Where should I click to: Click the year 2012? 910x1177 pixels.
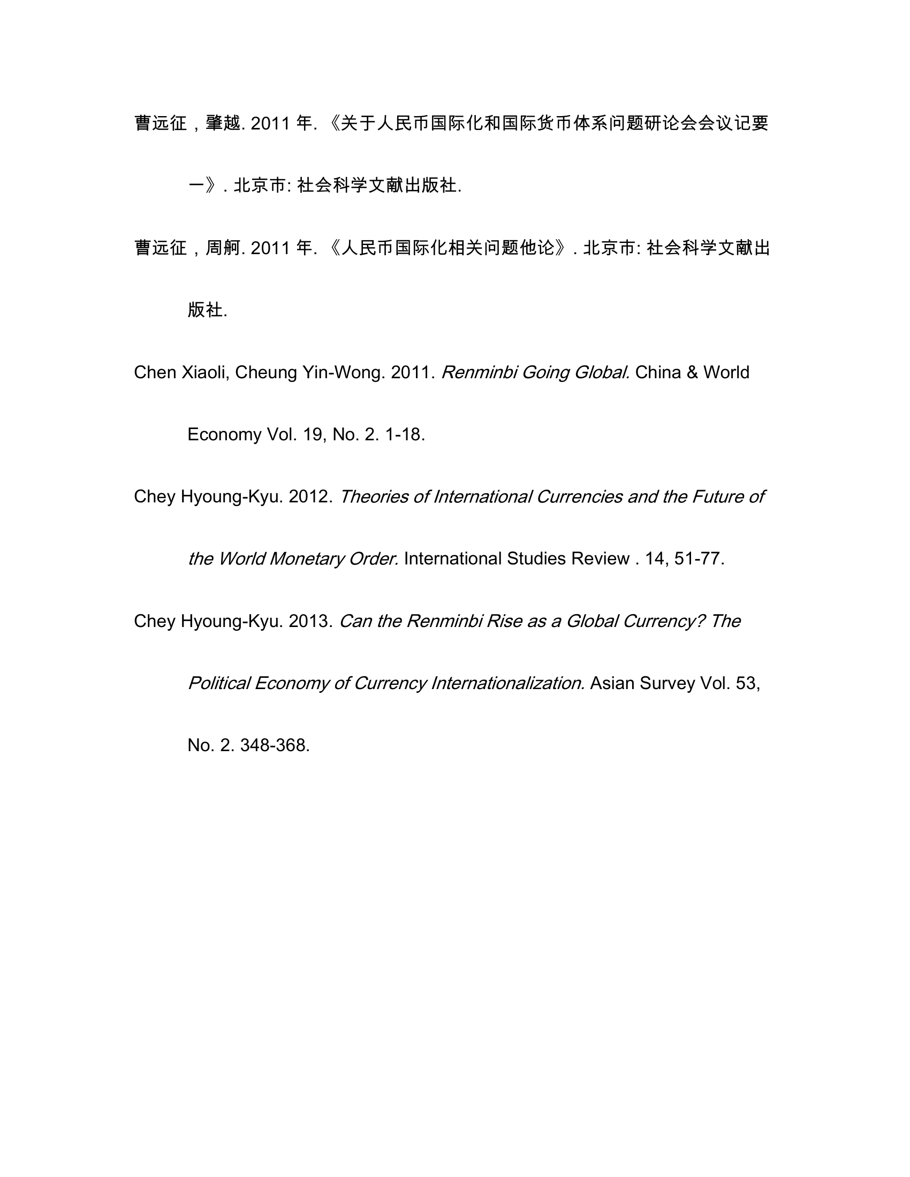pyautogui.click(x=310, y=496)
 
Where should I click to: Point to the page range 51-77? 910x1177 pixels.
pyautogui.click(x=699, y=559)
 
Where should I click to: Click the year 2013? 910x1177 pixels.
pyautogui.click(x=310, y=621)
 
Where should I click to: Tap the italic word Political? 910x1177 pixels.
pyautogui.click(x=218, y=683)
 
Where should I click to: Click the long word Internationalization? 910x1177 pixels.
pyautogui.click(x=507, y=683)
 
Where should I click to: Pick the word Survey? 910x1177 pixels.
pyautogui.click(x=668, y=683)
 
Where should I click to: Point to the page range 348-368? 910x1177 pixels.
pyautogui.click(x=275, y=745)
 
